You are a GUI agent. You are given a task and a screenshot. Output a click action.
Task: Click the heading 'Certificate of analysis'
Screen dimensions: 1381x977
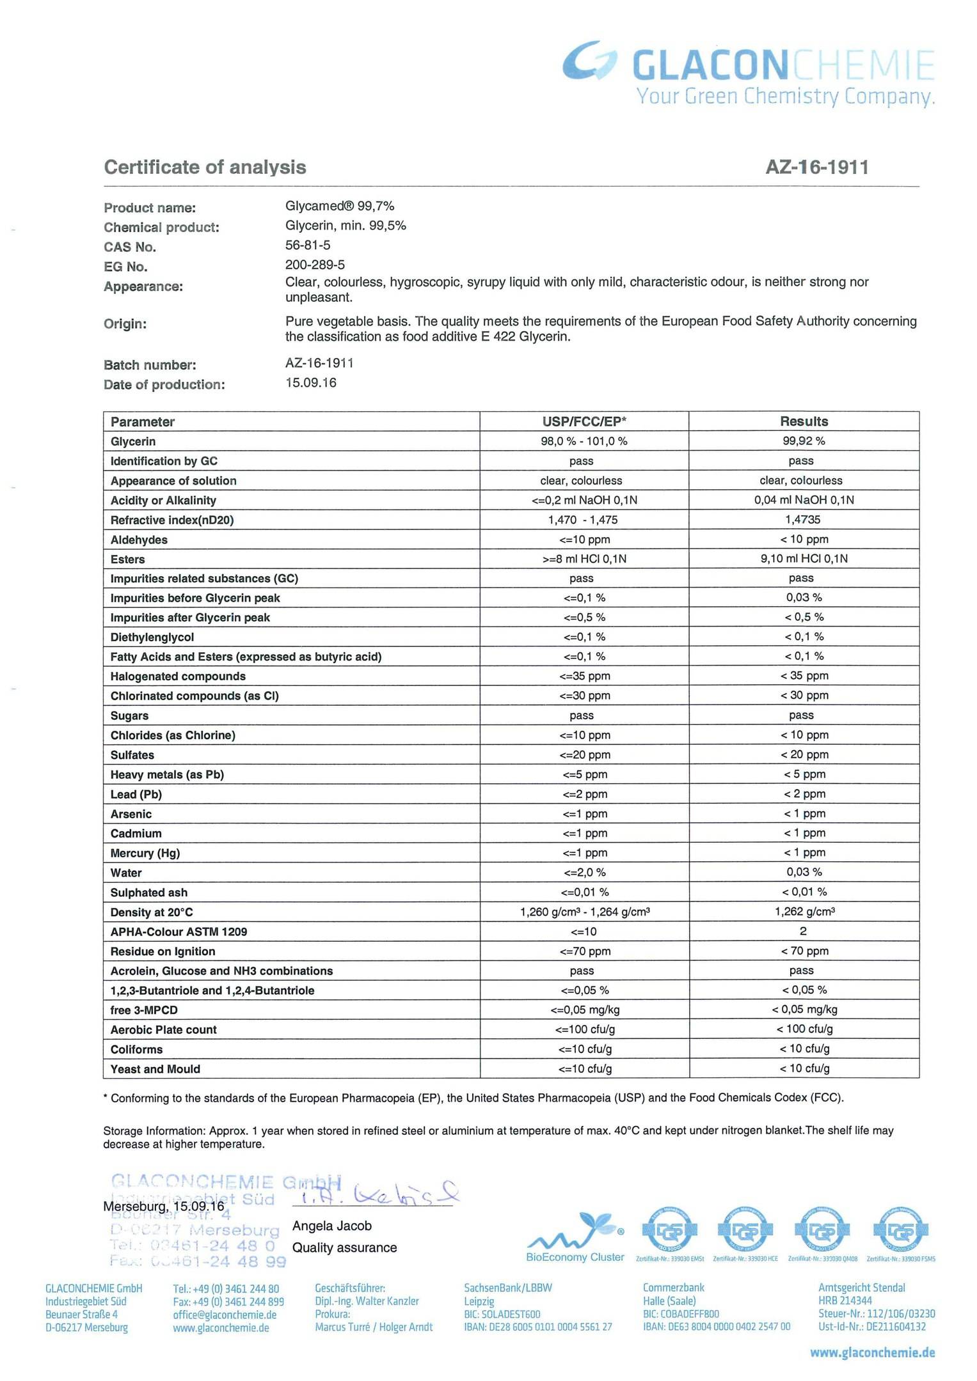click(x=205, y=168)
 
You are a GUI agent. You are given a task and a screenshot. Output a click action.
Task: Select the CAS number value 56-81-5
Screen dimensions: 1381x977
click(x=308, y=246)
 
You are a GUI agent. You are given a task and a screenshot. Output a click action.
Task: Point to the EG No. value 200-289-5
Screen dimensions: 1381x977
click(x=315, y=265)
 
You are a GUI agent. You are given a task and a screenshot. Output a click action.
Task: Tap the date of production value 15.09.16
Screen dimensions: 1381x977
click(x=311, y=383)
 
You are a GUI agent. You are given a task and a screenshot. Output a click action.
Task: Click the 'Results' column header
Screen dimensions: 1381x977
click(x=804, y=421)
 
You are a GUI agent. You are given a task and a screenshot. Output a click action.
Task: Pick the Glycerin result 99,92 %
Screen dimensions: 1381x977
click(x=804, y=441)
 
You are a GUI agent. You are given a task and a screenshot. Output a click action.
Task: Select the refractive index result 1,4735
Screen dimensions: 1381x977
click(x=802, y=520)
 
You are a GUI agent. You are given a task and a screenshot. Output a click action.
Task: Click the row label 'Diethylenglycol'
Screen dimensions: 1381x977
click(x=152, y=637)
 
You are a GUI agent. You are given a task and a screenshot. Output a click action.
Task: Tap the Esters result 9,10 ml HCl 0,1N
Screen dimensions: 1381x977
click(x=804, y=559)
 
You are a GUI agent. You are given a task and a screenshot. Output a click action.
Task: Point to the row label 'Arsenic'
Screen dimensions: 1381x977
click(x=131, y=814)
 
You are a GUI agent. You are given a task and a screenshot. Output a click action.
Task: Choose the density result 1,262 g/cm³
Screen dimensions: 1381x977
click(x=804, y=912)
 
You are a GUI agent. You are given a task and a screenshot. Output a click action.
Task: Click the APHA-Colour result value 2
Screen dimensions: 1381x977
click(x=803, y=932)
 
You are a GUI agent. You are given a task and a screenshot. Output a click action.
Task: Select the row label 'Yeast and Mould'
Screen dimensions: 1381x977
click(x=155, y=1069)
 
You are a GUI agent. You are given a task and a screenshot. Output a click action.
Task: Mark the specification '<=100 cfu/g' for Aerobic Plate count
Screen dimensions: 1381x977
click(x=585, y=1030)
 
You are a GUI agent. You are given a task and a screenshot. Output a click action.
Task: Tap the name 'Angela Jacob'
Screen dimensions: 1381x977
click(x=331, y=1226)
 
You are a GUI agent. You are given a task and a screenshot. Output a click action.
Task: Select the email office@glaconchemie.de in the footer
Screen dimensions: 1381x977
click(x=225, y=1315)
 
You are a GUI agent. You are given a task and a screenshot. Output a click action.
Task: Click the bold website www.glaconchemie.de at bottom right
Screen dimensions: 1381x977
click(x=872, y=1353)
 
